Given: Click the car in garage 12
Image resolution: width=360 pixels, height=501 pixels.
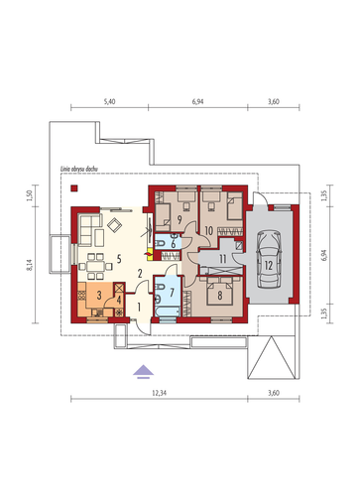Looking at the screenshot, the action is click(269, 259).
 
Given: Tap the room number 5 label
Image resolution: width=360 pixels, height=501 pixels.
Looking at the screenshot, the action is click(119, 259).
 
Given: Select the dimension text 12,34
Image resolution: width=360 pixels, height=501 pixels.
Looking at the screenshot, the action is click(159, 393).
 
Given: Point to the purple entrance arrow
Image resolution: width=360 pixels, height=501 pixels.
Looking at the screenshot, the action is click(143, 371).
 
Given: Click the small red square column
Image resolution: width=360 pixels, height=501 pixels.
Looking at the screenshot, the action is click(74, 188).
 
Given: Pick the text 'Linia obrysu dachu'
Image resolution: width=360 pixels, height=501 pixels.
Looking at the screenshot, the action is click(78, 169).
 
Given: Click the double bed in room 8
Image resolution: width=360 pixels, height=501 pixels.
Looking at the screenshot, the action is click(219, 292).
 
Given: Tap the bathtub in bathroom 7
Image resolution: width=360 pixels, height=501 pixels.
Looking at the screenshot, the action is click(168, 312).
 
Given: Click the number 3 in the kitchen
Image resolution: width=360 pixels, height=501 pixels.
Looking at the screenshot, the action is click(99, 295).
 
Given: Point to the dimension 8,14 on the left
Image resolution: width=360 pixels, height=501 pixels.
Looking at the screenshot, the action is click(30, 265).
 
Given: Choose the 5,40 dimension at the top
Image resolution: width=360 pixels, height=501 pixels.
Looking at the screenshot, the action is click(109, 101).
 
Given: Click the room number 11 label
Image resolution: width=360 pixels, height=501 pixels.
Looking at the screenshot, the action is click(223, 259).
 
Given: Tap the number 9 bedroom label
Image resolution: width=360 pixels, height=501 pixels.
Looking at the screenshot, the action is click(180, 219).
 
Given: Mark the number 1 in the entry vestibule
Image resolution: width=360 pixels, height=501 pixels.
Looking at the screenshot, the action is click(139, 308).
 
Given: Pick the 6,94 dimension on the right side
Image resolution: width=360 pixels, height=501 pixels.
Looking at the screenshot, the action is click(324, 255).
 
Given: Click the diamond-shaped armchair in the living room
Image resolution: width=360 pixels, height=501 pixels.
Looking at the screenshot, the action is click(115, 225).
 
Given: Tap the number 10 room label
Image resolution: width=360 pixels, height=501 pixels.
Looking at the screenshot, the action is click(208, 231).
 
